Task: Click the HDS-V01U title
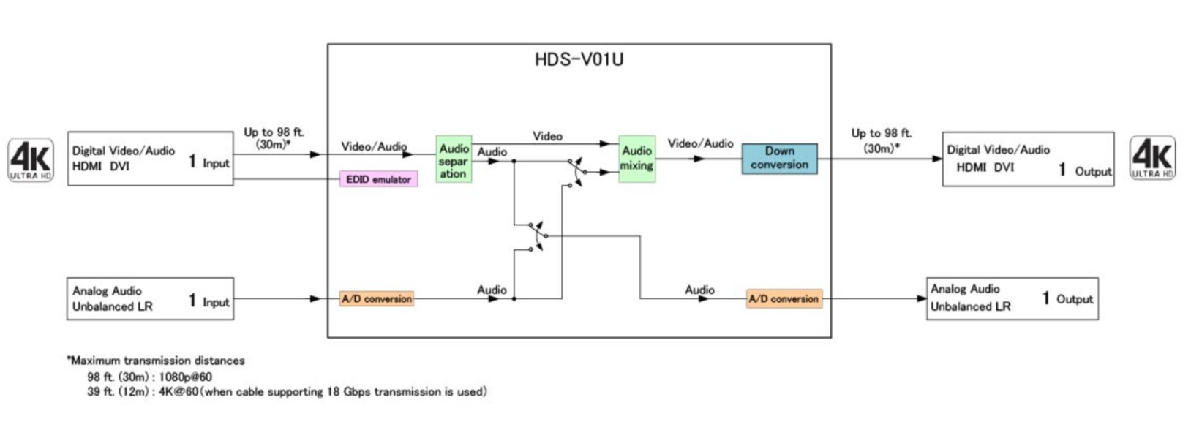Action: point(579,59)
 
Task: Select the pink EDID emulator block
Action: point(378,179)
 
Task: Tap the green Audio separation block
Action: point(454,159)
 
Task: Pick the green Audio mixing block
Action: point(636,159)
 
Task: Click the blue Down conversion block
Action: point(779,158)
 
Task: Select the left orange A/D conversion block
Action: point(377,299)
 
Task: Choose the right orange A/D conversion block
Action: point(784,299)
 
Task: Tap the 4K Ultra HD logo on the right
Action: point(1152,158)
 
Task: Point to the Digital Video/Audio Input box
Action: point(150,159)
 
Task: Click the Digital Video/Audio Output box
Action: point(1028,159)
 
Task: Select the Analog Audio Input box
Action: point(150,298)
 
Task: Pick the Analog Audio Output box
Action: point(1012,298)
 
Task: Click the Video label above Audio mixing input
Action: point(547,136)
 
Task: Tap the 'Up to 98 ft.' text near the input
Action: point(274,132)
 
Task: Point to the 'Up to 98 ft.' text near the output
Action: point(881,133)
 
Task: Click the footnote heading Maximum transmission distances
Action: point(157,361)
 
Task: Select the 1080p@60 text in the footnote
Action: point(185,377)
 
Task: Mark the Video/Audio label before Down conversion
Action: point(700,144)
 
